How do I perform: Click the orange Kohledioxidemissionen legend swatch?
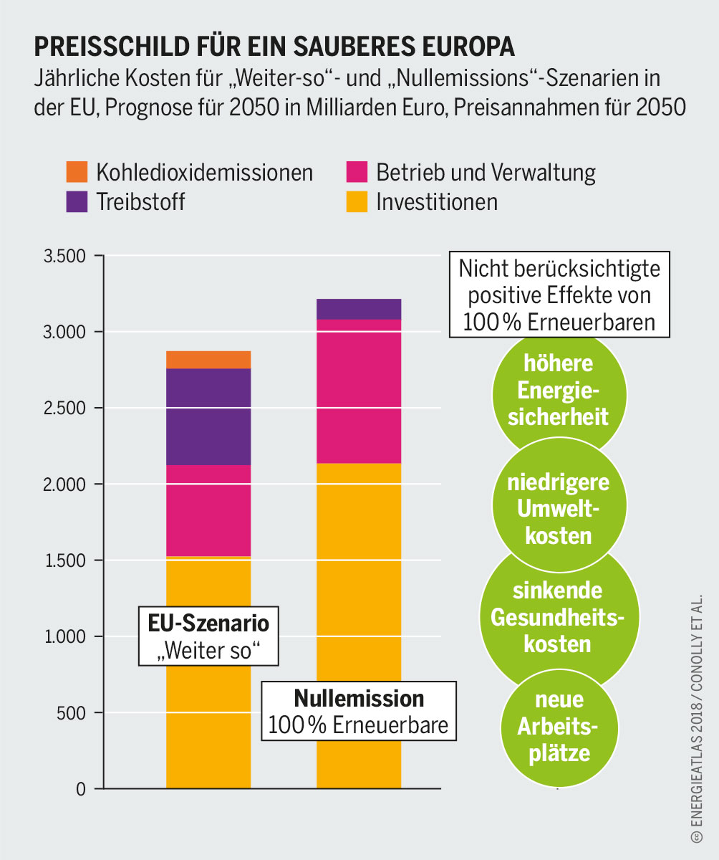[77, 172]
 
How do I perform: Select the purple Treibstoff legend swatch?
[77, 201]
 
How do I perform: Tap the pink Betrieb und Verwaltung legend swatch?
[356, 172]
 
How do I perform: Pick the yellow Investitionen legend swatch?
[356, 201]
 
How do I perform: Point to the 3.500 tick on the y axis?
[65, 256]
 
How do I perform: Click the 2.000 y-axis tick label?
[65, 484]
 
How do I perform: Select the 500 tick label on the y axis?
[72, 713]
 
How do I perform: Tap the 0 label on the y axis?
[81, 789]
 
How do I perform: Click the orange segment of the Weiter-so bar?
[208, 360]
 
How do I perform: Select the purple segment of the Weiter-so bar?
[208, 417]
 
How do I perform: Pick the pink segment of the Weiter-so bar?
[208, 510]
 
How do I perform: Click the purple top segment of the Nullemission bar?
[359, 309]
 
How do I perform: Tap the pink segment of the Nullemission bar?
[359, 391]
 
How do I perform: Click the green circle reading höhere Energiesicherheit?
[558, 391]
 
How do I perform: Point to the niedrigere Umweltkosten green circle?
[558, 509]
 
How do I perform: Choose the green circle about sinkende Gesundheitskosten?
[558, 617]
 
